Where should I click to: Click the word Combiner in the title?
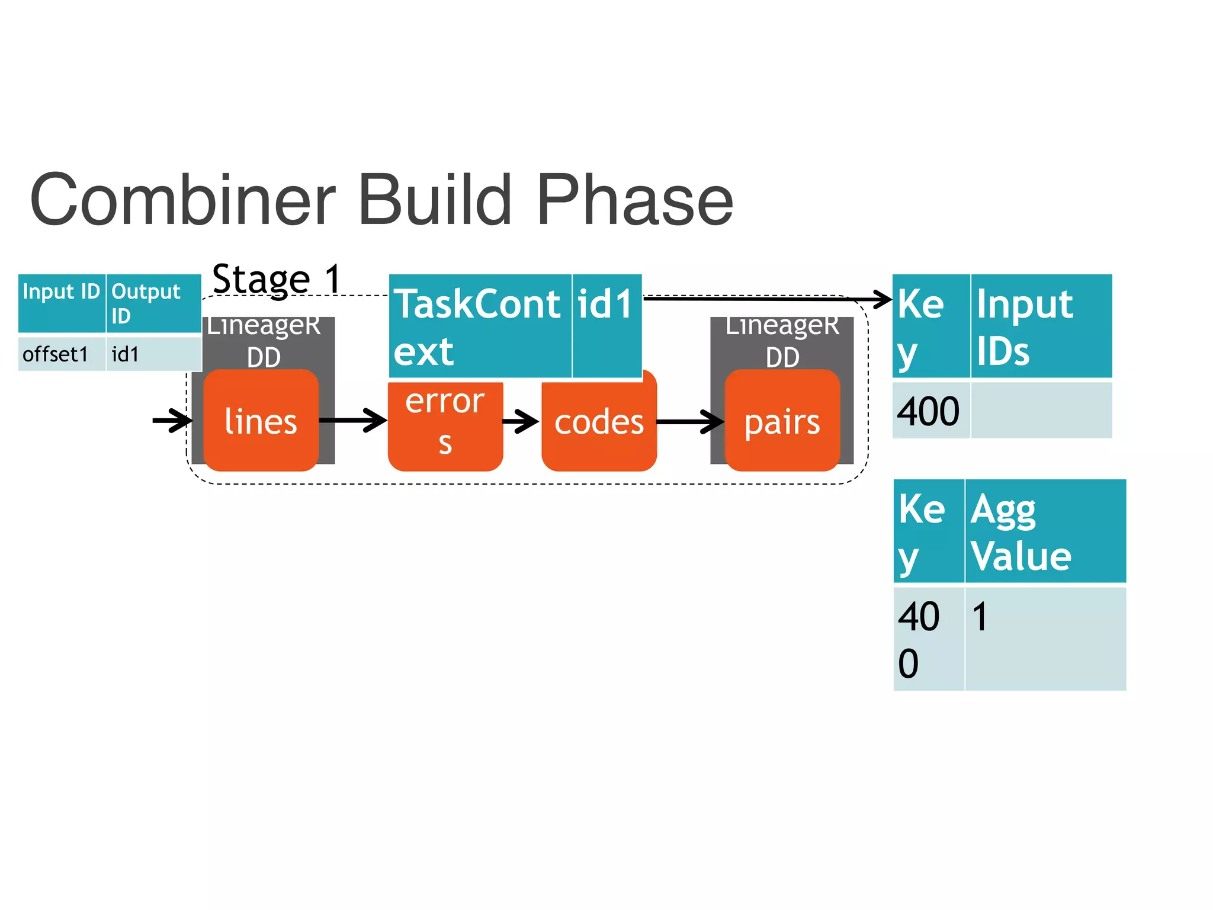click(182, 200)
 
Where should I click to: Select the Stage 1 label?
click(277, 278)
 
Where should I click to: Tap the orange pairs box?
click(782, 422)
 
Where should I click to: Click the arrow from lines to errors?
click(353, 421)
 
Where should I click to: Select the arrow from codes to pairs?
click(690, 422)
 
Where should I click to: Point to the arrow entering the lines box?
click(172, 421)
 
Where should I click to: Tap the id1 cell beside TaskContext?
click(606, 326)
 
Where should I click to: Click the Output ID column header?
click(153, 303)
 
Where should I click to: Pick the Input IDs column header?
click(1041, 326)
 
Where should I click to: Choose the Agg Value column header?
click(1045, 531)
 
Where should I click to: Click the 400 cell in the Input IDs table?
click(930, 411)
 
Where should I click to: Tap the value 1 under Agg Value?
click(980, 617)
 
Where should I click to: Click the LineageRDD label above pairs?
click(782, 341)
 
